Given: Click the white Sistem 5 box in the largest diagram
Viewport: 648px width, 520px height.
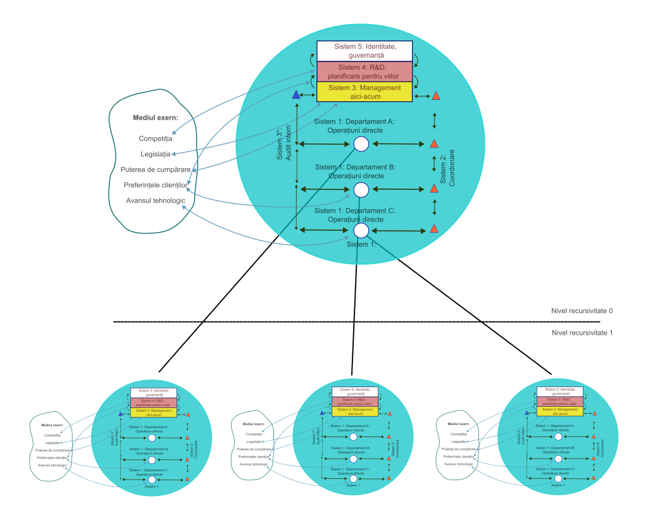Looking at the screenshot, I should coord(364,51).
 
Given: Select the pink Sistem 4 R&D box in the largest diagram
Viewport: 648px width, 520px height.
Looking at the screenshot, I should coord(364,71).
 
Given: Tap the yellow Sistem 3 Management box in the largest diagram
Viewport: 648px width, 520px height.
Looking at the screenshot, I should coord(364,92).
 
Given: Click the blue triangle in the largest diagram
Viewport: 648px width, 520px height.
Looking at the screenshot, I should coord(296,96).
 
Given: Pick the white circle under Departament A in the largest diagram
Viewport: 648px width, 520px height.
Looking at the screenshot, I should coord(361,144).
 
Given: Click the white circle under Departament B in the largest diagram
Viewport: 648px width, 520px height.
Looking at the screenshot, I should coord(361,189).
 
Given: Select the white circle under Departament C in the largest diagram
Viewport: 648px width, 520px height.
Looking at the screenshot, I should coord(361,230).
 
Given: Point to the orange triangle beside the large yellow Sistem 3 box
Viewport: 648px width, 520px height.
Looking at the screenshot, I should coord(436,96).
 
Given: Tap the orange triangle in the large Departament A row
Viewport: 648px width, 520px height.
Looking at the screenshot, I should coord(434,144).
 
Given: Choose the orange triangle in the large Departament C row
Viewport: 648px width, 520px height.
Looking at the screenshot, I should coord(434,228).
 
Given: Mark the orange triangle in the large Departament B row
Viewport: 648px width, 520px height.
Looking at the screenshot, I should coord(434,189).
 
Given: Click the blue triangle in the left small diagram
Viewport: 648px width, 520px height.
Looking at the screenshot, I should coord(120,414).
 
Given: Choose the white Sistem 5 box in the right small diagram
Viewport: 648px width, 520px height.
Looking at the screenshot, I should coord(559,392).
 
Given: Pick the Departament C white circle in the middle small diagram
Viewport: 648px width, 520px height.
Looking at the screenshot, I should coord(353,478).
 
